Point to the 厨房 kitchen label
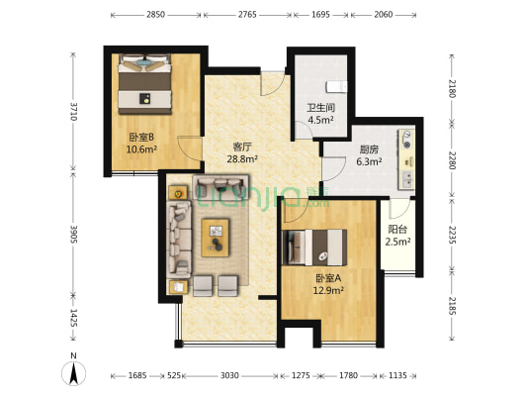[370, 150]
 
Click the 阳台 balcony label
[397, 230]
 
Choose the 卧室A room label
[328, 279]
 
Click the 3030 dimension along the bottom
[229, 375]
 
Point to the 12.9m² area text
[328, 291]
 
